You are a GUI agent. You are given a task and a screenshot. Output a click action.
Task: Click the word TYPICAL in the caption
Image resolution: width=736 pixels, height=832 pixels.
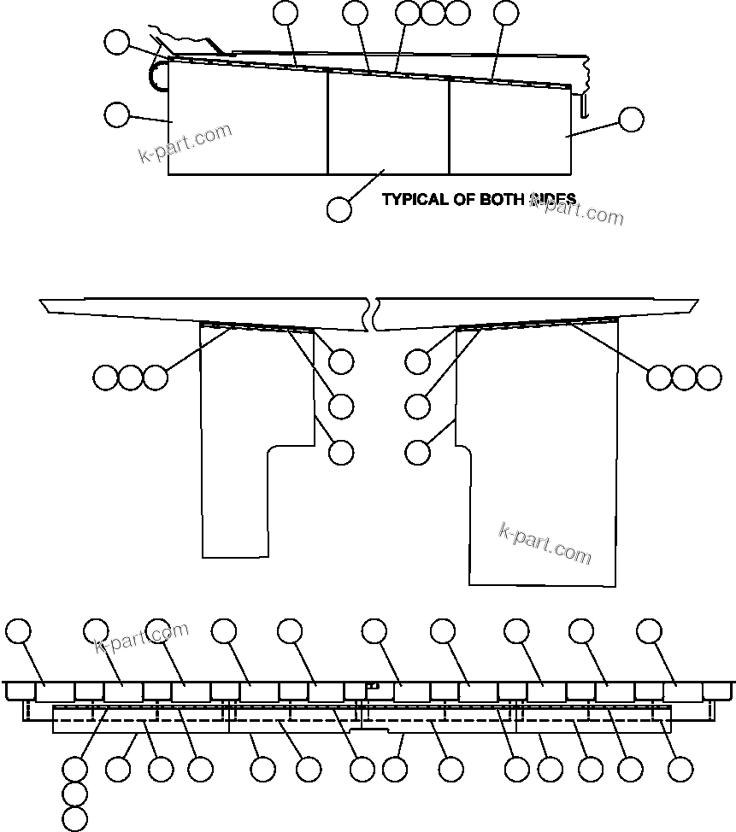click(x=415, y=199)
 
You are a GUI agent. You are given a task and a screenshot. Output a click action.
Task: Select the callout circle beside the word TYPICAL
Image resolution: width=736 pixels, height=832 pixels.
click(x=339, y=208)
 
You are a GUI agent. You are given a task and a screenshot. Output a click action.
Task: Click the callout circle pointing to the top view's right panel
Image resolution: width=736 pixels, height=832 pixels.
click(x=631, y=120)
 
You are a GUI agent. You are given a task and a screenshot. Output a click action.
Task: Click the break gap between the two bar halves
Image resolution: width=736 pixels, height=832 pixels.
click(x=374, y=313)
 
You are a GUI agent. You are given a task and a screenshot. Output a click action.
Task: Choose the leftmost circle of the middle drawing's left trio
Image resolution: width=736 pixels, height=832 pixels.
click(x=105, y=377)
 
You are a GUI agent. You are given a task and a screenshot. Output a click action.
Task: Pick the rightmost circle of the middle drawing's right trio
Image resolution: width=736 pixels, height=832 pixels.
click(x=709, y=377)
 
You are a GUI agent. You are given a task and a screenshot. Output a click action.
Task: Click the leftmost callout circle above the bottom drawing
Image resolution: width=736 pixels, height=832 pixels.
click(x=18, y=631)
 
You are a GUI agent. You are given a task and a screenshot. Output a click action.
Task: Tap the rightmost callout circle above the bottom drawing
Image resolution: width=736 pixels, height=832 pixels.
click(x=650, y=631)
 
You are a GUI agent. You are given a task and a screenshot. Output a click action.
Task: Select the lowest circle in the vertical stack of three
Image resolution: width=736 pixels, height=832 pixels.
click(x=75, y=819)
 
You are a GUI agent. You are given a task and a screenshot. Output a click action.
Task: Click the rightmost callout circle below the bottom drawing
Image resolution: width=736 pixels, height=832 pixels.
click(x=680, y=769)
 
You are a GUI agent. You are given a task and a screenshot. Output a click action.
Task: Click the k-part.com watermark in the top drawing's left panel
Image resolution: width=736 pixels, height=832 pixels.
click(x=185, y=143)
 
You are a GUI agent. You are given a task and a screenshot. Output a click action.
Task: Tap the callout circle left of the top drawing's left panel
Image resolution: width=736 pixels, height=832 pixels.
click(x=116, y=114)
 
